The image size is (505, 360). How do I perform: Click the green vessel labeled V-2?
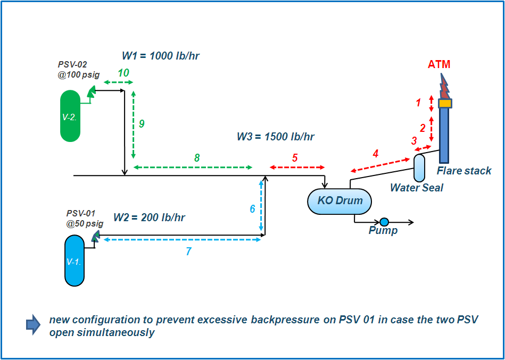tap(70, 116)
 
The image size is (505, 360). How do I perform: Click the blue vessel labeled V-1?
tap(74, 261)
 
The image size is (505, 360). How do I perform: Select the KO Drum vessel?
tap(340, 202)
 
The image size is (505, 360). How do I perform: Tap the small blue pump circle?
tap(384, 222)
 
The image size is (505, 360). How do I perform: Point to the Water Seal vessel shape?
tap(419, 167)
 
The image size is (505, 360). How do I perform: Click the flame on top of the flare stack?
tap(443, 86)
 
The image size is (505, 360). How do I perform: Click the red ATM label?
tap(439, 64)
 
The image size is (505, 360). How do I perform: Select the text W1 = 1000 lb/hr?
tap(161, 56)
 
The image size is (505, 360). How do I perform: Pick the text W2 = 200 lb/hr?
tap(149, 217)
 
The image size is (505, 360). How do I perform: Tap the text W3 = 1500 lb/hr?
tap(275, 137)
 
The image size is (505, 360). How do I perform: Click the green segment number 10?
tap(123, 73)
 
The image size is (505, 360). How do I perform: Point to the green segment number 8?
tap(197, 157)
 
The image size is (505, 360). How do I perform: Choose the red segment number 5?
tap(295, 157)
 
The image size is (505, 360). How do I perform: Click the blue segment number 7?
tap(188, 252)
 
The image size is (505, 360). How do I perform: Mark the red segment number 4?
tap(376, 154)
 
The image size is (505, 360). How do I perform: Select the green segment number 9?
tap(142, 123)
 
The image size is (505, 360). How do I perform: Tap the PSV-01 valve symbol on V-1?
tap(95, 236)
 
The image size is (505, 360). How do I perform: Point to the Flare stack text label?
tap(464, 171)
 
